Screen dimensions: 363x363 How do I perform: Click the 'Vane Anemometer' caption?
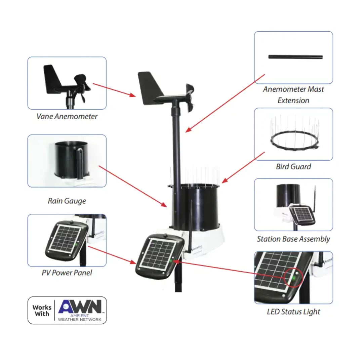pyautogui.click(x=67, y=117)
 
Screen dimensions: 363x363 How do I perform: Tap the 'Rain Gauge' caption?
pyautogui.click(x=67, y=201)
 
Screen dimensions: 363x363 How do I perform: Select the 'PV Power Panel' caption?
pyautogui.click(x=67, y=272)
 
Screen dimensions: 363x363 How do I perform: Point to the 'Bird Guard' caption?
pyautogui.click(x=293, y=166)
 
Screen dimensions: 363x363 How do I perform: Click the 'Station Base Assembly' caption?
pyautogui.click(x=293, y=239)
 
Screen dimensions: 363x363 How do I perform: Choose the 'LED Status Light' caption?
pyautogui.click(x=293, y=312)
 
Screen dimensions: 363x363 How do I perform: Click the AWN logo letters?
pyautogui.click(x=80, y=307)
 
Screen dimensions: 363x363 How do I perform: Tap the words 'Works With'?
pyautogui.click(x=42, y=311)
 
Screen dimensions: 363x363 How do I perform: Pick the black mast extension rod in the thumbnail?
pyautogui.click(x=295, y=57)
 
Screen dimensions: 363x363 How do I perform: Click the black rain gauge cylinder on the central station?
pyautogui.click(x=195, y=205)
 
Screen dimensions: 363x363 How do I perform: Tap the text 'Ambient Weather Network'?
pyautogui.click(x=80, y=318)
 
